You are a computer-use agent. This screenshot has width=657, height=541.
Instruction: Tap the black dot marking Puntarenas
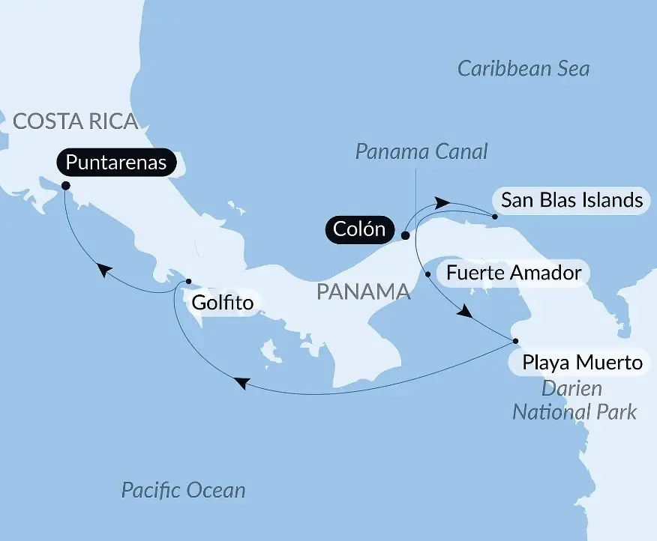tap(65, 186)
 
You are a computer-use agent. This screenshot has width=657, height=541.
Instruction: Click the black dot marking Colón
tap(405, 235)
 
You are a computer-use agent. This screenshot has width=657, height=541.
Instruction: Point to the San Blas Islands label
tap(571, 201)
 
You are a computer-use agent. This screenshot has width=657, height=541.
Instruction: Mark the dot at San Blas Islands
tap(495, 217)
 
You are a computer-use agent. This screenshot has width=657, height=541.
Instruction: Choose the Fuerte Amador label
tap(513, 273)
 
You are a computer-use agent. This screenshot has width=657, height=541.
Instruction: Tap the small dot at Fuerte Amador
tap(428, 274)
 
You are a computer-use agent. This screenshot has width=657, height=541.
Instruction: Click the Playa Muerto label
tap(583, 363)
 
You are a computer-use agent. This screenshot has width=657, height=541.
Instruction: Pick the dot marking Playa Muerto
tap(516, 342)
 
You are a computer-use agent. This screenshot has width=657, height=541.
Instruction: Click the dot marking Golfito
tap(188, 281)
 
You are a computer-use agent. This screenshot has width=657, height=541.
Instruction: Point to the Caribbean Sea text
tap(523, 70)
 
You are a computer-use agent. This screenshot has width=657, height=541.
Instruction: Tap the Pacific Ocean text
tap(183, 491)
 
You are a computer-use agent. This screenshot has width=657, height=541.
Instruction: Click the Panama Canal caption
tap(421, 152)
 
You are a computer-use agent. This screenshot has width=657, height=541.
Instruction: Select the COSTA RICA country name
tap(76, 121)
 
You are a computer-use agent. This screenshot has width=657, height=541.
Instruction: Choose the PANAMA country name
tap(364, 291)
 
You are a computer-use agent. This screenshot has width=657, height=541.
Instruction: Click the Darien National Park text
tap(574, 400)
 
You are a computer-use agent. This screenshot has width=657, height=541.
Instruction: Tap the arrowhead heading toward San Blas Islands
tap(442, 202)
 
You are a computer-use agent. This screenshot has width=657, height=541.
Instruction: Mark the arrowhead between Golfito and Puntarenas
tap(106, 270)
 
